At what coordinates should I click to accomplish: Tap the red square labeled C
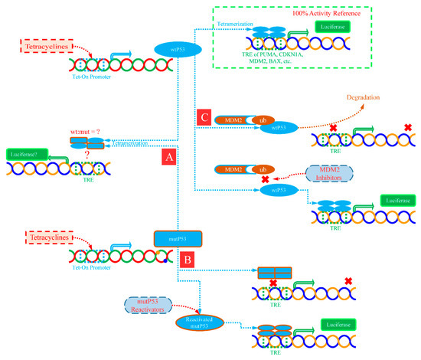(x=204, y=119)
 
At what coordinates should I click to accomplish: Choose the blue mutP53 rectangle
(x=178, y=239)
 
